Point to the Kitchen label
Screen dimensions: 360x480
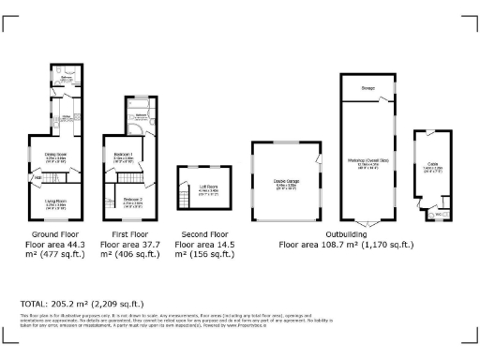(66, 116)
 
